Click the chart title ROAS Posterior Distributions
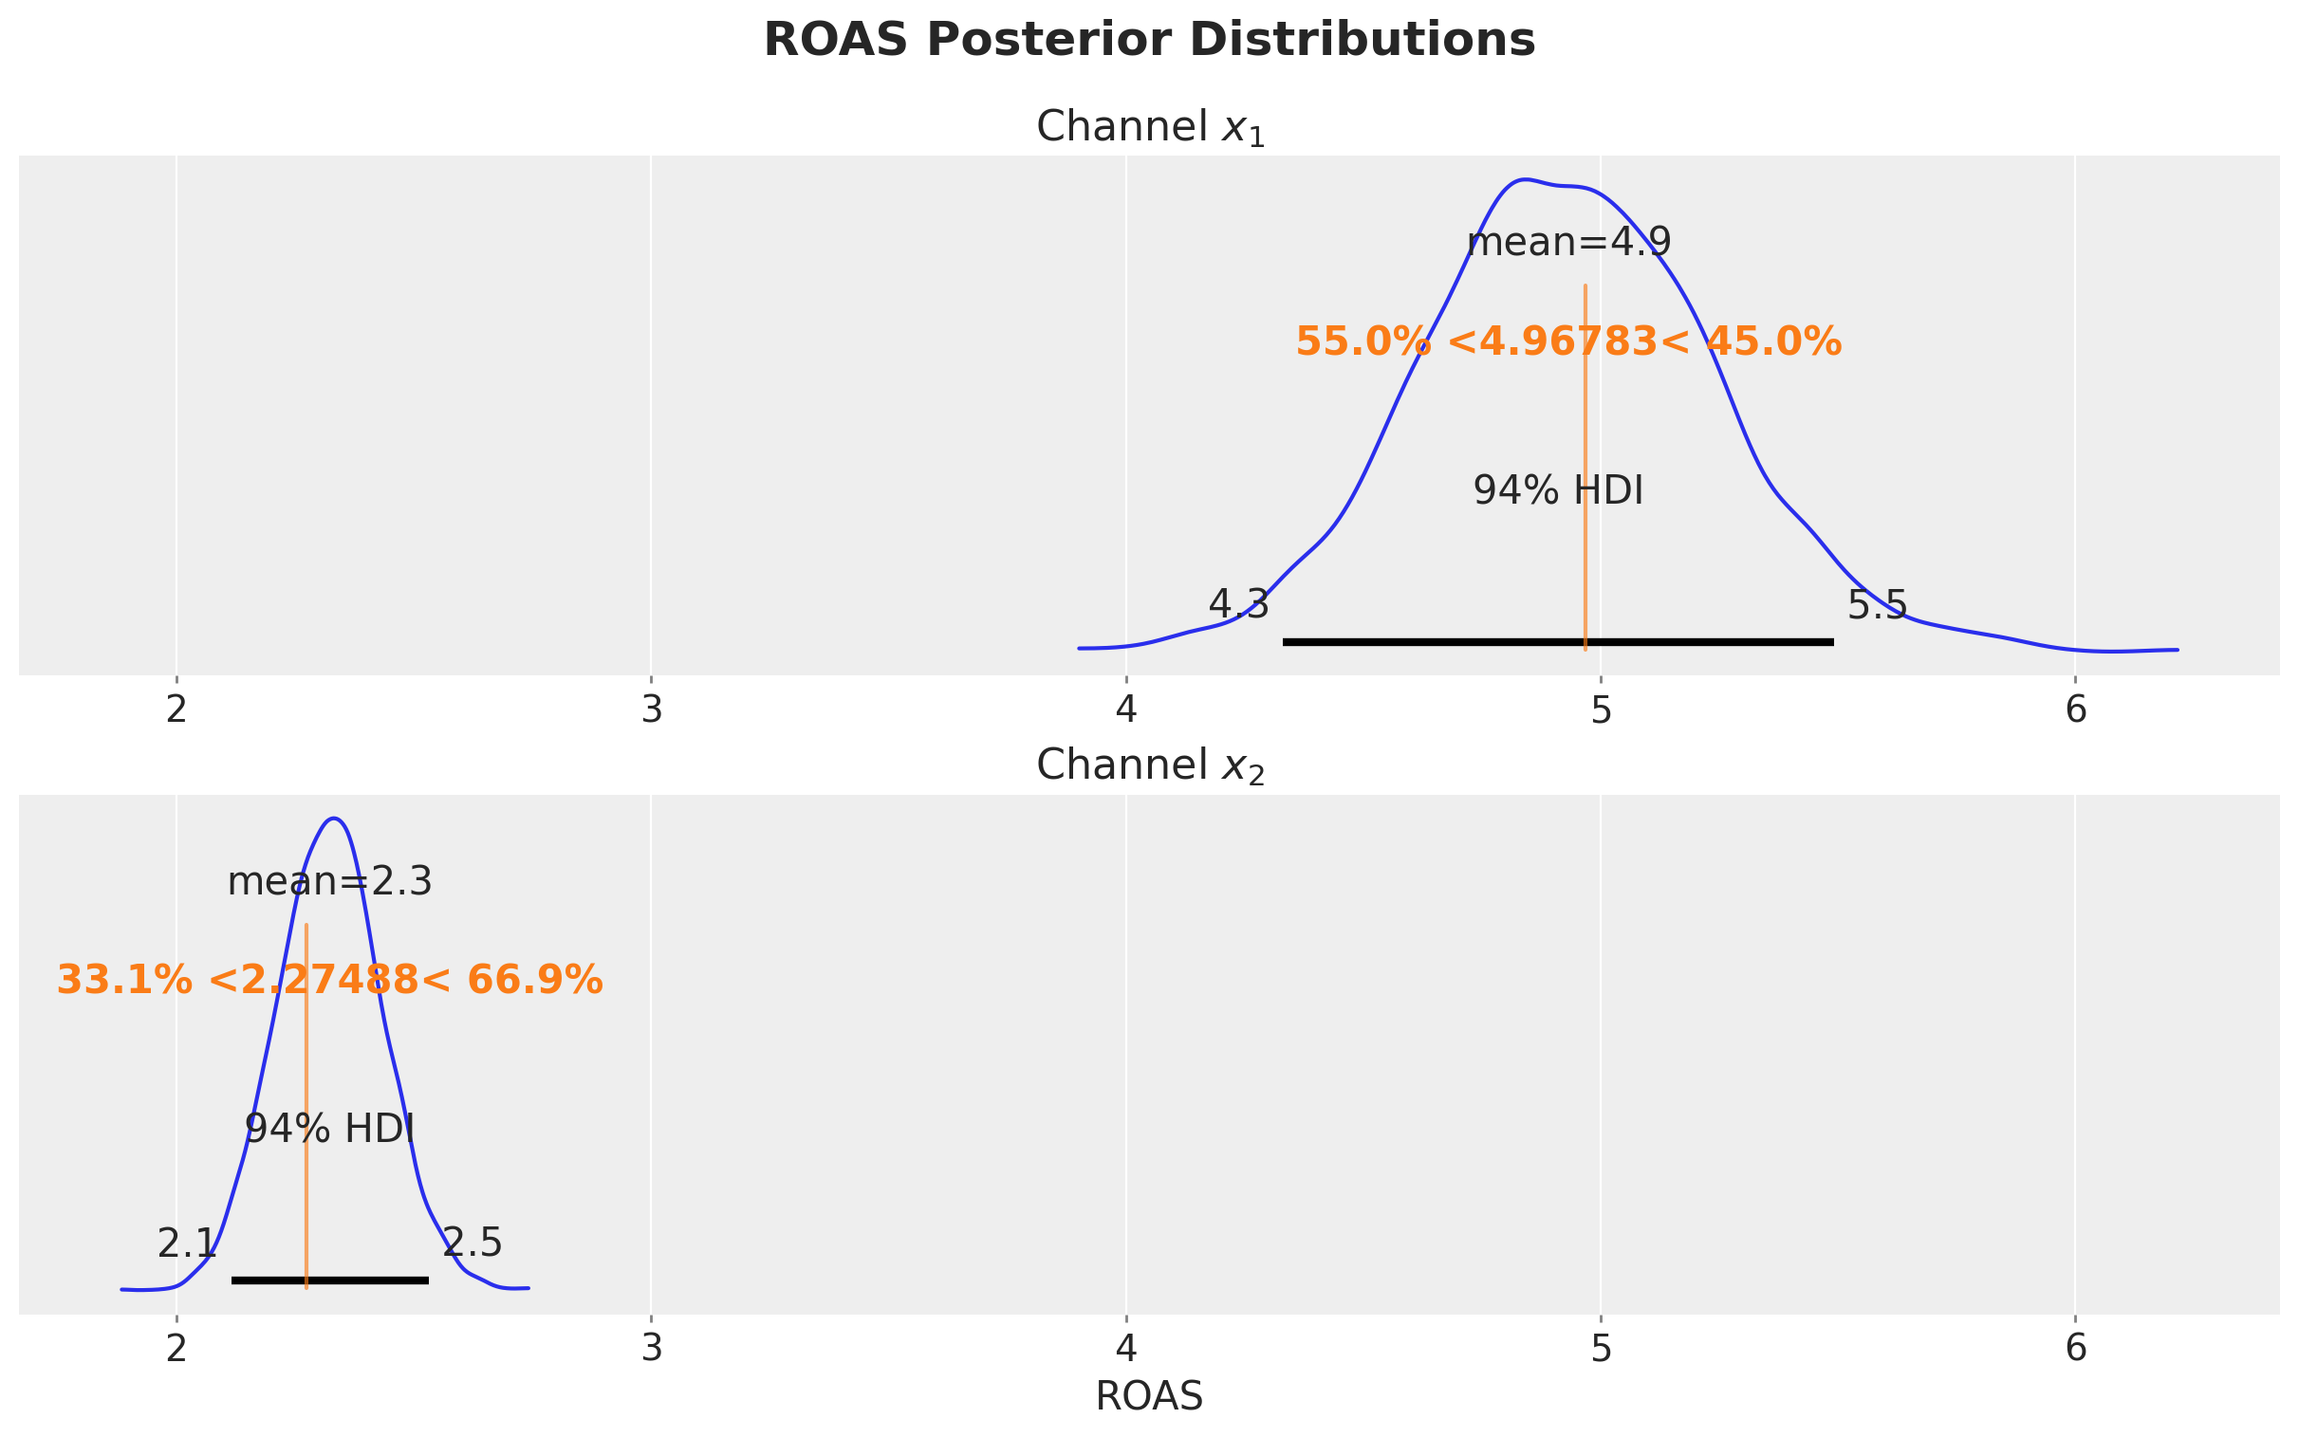click(x=1149, y=41)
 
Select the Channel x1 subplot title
click(x=1149, y=127)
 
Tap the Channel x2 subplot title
click(x=1149, y=766)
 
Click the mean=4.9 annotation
click(x=1568, y=244)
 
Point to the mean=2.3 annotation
click(x=330, y=883)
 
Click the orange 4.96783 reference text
click(x=1568, y=342)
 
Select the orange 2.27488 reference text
click(x=330, y=981)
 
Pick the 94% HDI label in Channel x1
click(x=1558, y=491)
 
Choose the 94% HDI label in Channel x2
click(x=330, y=1130)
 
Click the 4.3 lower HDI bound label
click(x=1238, y=604)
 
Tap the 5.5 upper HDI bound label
click(x=1877, y=605)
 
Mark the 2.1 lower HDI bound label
click(x=187, y=1244)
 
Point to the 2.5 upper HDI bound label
click(x=473, y=1244)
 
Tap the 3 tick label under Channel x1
click(x=651, y=710)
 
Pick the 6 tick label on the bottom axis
click(x=2076, y=1350)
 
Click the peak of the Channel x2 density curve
click(x=334, y=819)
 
